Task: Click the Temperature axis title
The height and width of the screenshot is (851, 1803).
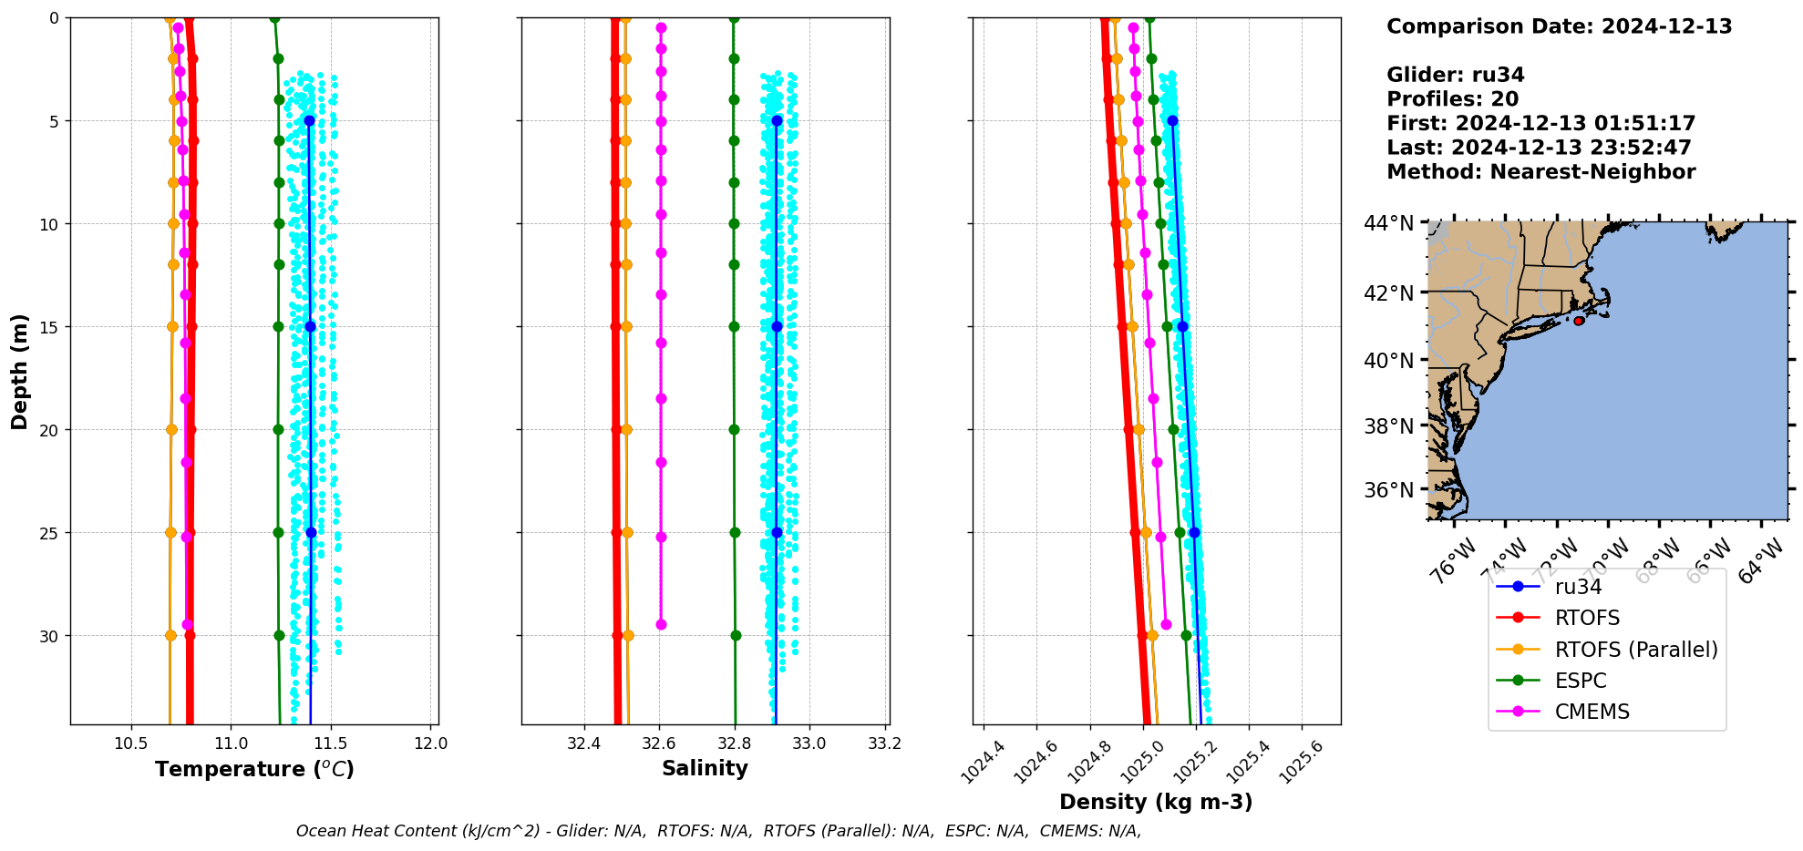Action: point(254,769)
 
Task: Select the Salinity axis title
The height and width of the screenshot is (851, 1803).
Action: point(705,768)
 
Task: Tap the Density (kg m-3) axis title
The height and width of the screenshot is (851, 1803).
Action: point(1156,802)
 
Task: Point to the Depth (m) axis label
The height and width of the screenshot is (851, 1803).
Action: point(19,372)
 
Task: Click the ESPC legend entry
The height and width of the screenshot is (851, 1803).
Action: point(1581,681)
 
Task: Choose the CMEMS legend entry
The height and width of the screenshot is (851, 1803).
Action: point(1592,712)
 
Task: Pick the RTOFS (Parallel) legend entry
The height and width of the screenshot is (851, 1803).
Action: point(1635,650)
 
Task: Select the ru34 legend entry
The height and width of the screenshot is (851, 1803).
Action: point(1578,587)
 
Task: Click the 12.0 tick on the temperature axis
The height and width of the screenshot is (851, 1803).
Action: point(430,743)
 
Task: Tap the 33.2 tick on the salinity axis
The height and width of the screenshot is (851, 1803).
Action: point(884,743)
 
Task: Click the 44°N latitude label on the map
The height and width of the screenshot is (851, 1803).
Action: point(1389,223)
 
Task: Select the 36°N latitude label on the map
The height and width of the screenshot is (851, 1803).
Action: point(1389,490)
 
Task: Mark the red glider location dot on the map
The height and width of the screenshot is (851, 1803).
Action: point(1578,321)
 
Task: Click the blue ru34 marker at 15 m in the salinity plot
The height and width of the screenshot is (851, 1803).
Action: point(777,326)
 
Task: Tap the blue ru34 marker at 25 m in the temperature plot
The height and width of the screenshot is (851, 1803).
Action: point(311,532)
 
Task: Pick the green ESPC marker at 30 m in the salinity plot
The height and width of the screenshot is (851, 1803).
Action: point(736,635)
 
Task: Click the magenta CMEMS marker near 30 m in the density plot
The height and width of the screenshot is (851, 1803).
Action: point(1166,624)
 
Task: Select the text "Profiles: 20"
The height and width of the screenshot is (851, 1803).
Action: point(1452,99)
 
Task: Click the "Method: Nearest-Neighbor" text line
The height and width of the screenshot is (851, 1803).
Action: point(1540,172)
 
